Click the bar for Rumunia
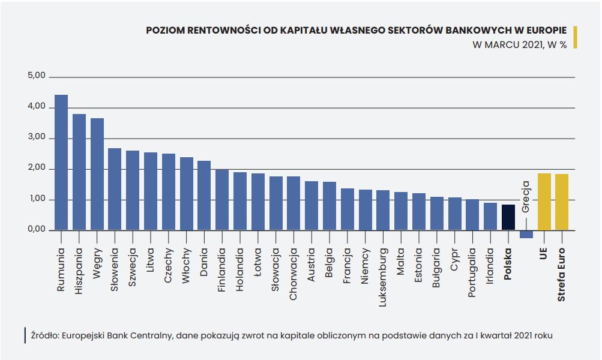click(x=61, y=163)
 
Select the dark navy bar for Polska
click(x=508, y=217)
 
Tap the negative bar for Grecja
click(x=526, y=234)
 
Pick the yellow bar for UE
click(x=544, y=202)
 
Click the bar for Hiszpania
click(x=79, y=172)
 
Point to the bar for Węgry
click(x=97, y=174)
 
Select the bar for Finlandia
click(x=222, y=200)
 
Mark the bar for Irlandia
click(x=490, y=217)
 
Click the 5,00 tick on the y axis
click(x=37, y=76)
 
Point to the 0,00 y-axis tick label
click(x=37, y=229)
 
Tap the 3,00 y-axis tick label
click(x=37, y=137)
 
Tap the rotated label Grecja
click(x=525, y=197)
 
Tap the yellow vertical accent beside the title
click(x=575, y=37)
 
